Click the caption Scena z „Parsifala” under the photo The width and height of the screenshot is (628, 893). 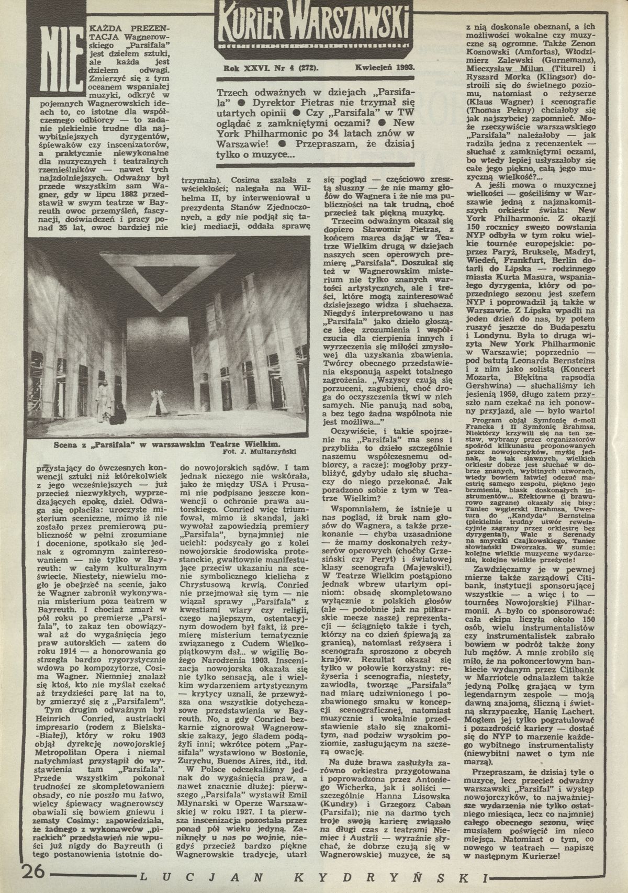click(165, 442)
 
